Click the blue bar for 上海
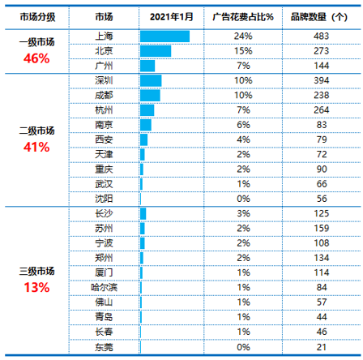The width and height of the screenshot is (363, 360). point(164,36)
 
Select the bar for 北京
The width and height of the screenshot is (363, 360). point(156,51)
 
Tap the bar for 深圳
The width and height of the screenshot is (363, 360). point(151,80)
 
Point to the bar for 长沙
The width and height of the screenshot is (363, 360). point(143,214)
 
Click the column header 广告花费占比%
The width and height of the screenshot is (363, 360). point(243,17)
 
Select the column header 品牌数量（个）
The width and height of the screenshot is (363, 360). point(319,17)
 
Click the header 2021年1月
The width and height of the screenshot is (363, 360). point(172,17)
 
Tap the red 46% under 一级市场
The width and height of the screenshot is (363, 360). point(36,58)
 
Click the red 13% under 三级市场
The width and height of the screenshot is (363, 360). point(36,287)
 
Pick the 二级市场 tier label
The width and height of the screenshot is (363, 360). point(36,131)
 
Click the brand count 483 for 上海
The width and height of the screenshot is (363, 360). point(322,36)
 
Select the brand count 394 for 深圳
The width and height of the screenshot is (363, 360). point(322,80)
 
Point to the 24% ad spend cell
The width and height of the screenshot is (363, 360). point(243,36)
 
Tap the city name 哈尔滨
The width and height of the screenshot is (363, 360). point(104,287)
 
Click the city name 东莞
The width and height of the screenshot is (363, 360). point(104,347)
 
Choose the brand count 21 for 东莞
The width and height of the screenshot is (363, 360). point(322,347)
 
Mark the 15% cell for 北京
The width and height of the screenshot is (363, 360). point(243,51)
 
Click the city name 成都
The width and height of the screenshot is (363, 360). point(104,95)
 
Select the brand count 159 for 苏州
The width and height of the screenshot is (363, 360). point(322,229)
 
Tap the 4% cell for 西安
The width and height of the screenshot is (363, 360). point(243,139)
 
